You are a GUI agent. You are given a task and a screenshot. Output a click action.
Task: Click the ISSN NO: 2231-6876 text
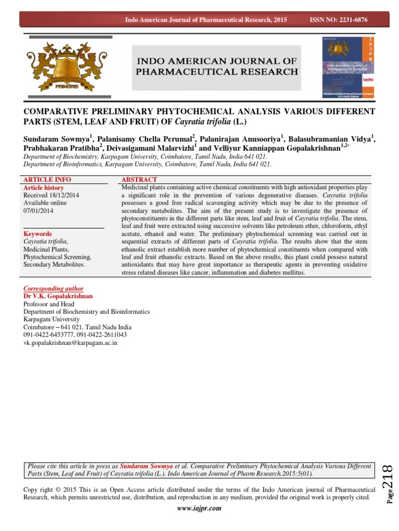(x=338, y=19)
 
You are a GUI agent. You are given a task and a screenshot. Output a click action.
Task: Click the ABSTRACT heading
(x=139, y=179)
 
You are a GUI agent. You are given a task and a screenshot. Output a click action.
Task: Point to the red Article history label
(x=44, y=188)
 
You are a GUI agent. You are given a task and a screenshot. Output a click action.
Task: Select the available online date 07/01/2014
(x=38, y=211)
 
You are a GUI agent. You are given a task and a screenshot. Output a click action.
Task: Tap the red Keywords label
(x=38, y=234)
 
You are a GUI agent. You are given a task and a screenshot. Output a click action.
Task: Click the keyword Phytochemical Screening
(x=58, y=257)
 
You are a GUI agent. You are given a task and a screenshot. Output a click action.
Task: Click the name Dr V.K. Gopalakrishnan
(x=58, y=296)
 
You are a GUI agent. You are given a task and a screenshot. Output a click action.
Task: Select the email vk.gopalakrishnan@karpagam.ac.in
(x=70, y=343)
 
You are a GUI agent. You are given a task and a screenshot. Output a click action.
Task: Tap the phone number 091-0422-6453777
(x=48, y=335)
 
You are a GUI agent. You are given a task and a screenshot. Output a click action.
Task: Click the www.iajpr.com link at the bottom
(x=199, y=508)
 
